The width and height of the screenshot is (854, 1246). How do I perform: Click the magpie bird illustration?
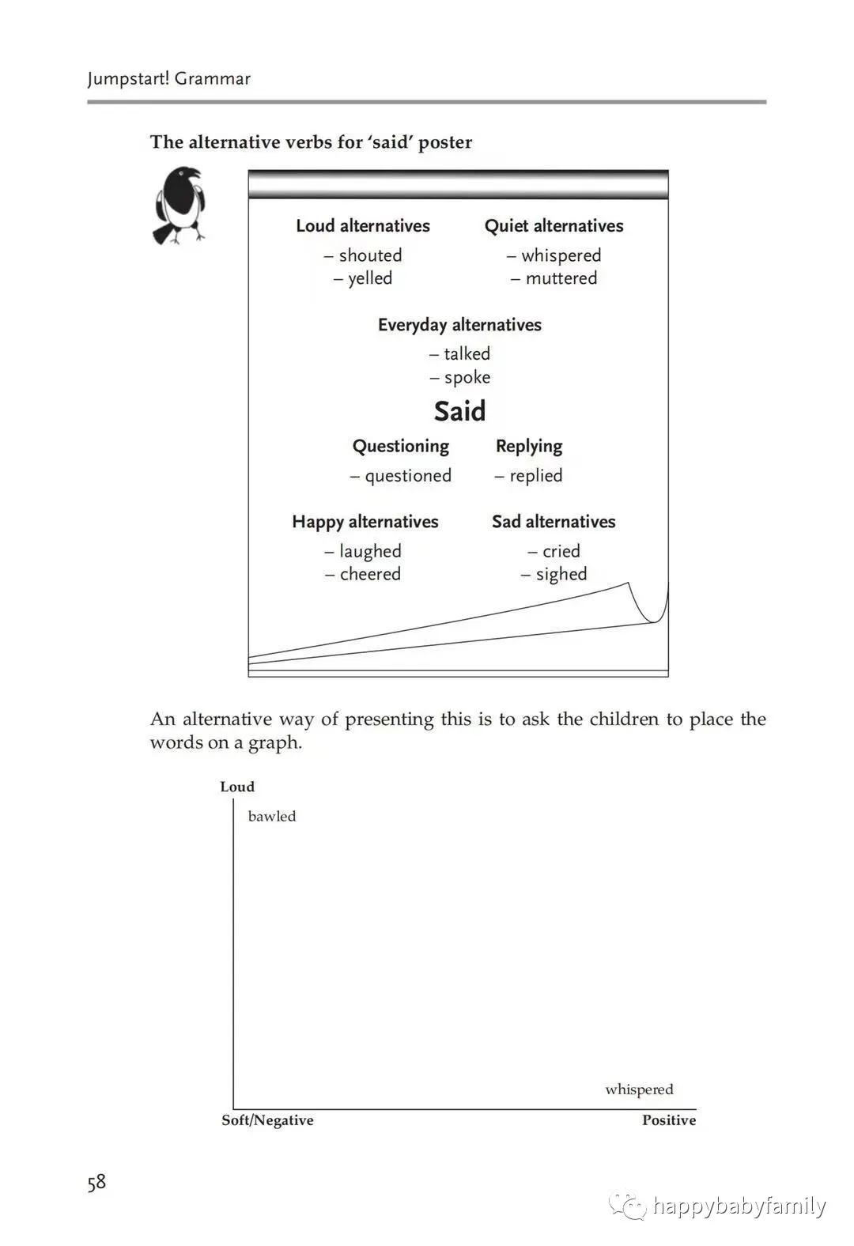[x=179, y=205]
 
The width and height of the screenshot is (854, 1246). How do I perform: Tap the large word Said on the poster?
[x=459, y=411]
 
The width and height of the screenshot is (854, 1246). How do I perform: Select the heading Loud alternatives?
[x=363, y=226]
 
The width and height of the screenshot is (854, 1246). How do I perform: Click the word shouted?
[x=370, y=255]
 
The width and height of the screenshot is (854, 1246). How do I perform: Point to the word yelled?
[x=370, y=278]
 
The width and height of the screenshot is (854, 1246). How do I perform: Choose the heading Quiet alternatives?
[x=554, y=226]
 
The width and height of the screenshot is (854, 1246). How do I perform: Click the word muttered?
[x=561, y=278]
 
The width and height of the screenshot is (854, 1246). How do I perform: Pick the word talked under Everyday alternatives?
[x=467, y=353]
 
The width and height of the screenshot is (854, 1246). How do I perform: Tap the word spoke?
[x=467, y=377]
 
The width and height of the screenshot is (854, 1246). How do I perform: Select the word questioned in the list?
[x=408, y=475]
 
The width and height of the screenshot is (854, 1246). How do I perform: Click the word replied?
[x=535, y=475]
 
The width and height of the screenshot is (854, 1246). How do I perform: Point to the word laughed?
[x=370, y=551]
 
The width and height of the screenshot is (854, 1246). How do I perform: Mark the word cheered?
[x=370, y=574]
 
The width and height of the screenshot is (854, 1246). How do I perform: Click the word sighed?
[x=561, y=574]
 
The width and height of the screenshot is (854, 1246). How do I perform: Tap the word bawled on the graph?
[x=272, y=816]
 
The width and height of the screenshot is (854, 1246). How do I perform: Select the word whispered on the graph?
[x=639, y=1089]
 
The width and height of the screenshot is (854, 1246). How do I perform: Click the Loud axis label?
[x=237, y=787]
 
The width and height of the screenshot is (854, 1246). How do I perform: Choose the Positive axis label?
[x=669, y=1120]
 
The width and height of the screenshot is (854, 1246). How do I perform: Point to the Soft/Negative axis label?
[x=267, y=1120]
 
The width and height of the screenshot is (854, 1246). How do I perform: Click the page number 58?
[x=96, y=1183]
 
